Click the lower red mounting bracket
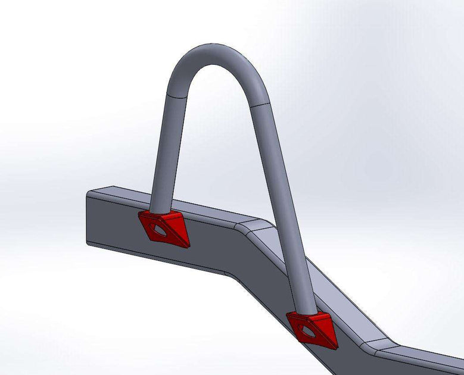[313, 327]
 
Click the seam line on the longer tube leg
[260, 105]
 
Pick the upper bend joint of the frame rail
[253, 226]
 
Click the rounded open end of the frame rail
[89, 218]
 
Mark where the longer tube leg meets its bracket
[307, 313]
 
